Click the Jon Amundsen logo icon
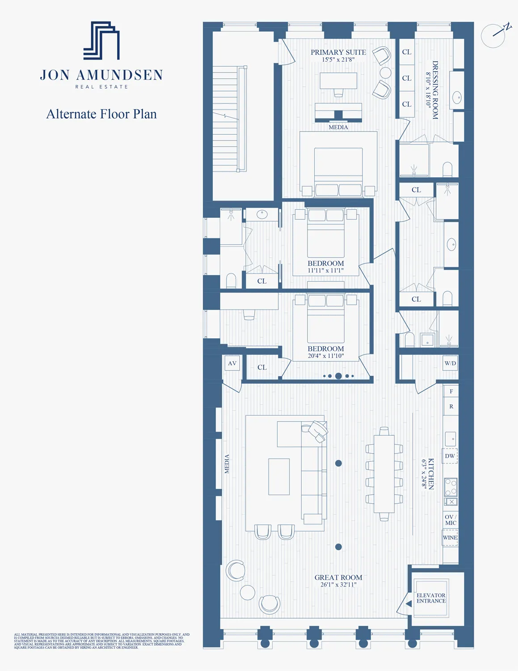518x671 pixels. [101, 40]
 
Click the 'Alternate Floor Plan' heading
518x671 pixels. [101, 114]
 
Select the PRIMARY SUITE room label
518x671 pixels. [338, 52]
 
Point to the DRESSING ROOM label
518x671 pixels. [434, 90]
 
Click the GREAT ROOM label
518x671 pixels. [338, 578]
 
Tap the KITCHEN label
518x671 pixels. [430, 474]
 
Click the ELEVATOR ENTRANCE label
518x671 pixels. [431, 598]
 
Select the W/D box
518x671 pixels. [450, 363]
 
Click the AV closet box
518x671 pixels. [232, 363]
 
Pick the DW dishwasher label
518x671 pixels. [450, 456]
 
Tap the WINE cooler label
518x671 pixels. [450, 538]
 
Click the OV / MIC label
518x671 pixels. [451, 520]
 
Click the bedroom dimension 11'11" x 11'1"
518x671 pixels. [326, 270]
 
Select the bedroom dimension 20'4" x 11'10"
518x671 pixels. [326, 356]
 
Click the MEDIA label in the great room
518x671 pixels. [227, 464]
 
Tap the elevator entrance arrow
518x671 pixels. [408, 603]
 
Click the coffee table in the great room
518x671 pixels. [279, 476]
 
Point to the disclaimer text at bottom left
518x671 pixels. [101, 641]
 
